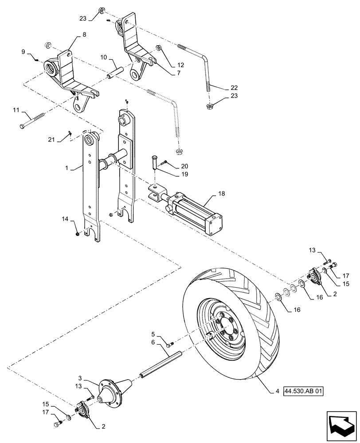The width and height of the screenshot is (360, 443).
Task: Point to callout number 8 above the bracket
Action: tap(84, 34)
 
